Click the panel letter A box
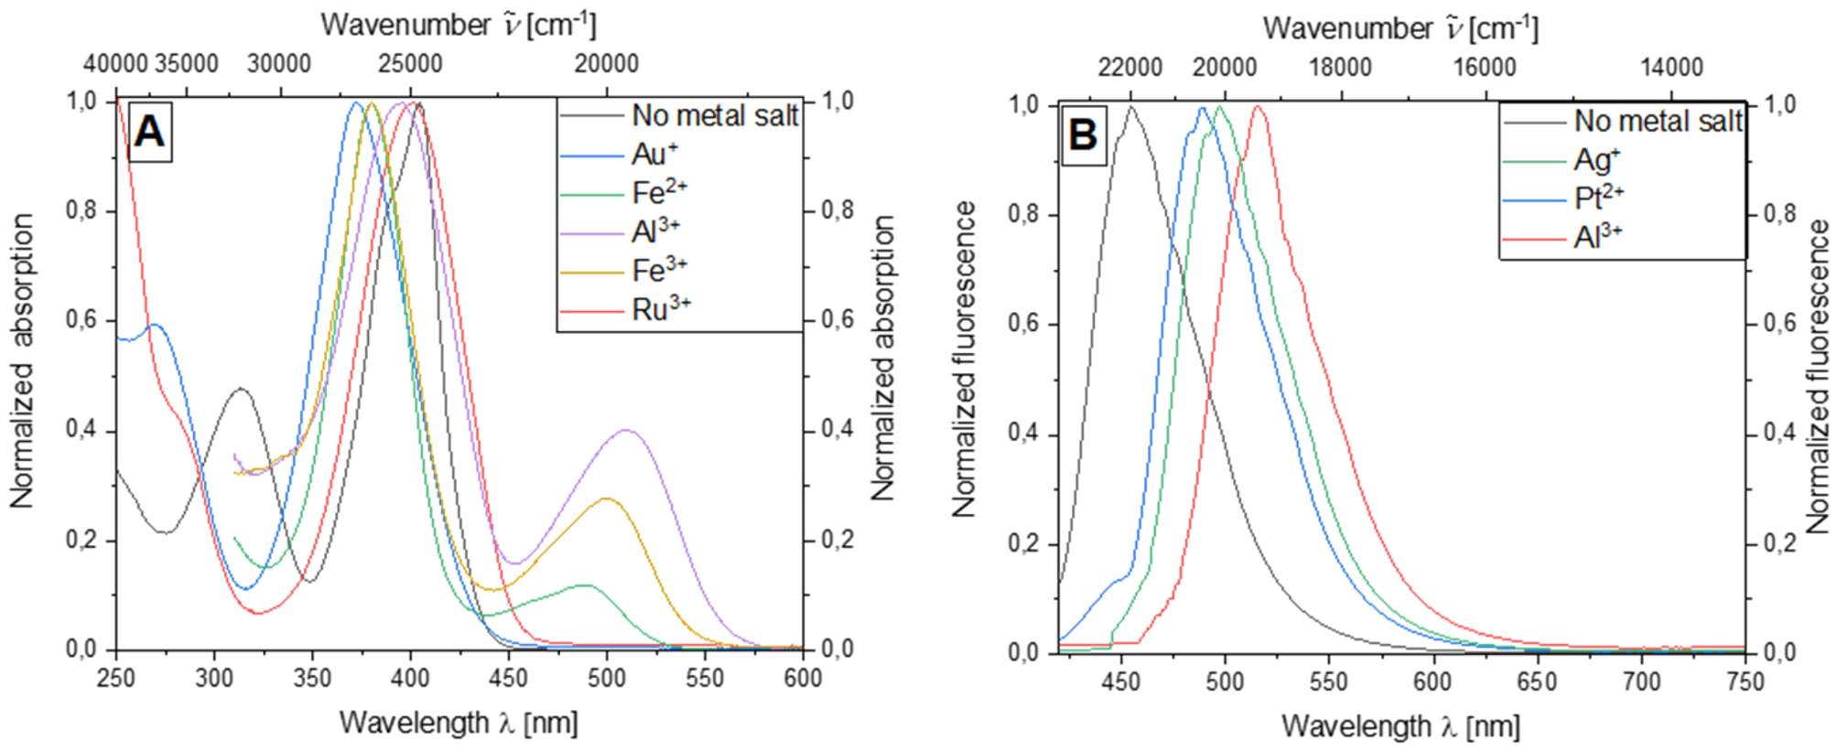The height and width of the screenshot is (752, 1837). tap(149, 133)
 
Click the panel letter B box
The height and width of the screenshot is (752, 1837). tap(1083, 135)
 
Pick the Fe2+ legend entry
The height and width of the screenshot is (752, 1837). tap(659, 193)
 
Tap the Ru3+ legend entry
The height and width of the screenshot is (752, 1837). tap(661, 309)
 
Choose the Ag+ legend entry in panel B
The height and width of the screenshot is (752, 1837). tap(1597, 160)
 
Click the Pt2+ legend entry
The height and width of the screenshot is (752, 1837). tap(1599, 199)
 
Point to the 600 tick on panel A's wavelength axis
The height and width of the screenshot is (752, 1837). tap(802, 678)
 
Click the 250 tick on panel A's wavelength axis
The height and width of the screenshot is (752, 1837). tap(116, 678)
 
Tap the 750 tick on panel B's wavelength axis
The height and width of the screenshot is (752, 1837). tap(1745, 682)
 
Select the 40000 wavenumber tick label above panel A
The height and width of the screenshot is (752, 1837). tap(115, 64)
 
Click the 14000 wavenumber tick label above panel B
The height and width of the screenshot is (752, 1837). tap(1671, 68)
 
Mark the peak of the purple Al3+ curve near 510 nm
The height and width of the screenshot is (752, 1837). tap(627, 429)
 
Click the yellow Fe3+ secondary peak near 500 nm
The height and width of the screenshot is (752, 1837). tap(606, 499)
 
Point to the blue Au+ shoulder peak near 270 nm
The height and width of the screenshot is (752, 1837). tap(155, 324)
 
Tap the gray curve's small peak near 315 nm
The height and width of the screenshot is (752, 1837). tap(241, 389)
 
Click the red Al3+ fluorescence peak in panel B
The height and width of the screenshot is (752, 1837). tap(1259, 107)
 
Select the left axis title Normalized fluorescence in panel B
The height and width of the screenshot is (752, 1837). tap(964, 360)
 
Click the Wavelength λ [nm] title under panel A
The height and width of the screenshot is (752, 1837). tap(459, 723)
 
